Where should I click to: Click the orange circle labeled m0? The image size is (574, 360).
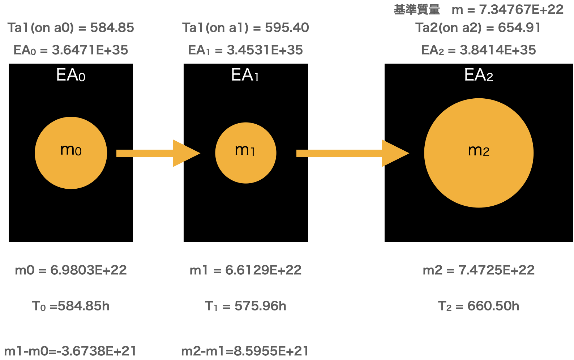pos(71,153)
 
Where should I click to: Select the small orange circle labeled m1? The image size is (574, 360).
pos(246,153)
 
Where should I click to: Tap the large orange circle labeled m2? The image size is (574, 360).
pos(479,153)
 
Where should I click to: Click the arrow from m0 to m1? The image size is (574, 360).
pos(158,153)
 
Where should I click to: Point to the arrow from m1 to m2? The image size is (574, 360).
pos(352,153)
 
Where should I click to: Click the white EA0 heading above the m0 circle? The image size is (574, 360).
pos(71,75)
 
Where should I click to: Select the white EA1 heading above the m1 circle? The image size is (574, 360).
pos(245,75)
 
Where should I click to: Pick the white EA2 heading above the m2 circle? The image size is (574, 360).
pos(479,75)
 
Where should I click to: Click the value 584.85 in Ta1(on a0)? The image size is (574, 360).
pos(112,27)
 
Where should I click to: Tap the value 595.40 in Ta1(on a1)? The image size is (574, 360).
pos(287,27)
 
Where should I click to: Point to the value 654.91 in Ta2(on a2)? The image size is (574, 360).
pos(519,27)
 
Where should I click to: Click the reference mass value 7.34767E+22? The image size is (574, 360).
pos(521,9)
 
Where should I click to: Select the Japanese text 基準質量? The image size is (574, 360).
pos(417,9)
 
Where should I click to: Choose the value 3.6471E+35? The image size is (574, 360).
pos(90,50)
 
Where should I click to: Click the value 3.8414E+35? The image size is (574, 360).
pos(498,50)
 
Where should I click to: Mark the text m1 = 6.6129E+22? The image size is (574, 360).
pos(245,270)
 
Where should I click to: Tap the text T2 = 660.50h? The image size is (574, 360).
pos(479,306)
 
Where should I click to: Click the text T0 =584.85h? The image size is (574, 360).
pos(71,306)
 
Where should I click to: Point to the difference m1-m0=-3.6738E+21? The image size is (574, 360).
pos(70,351)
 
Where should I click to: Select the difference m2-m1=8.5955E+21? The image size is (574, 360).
pos(245,351)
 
